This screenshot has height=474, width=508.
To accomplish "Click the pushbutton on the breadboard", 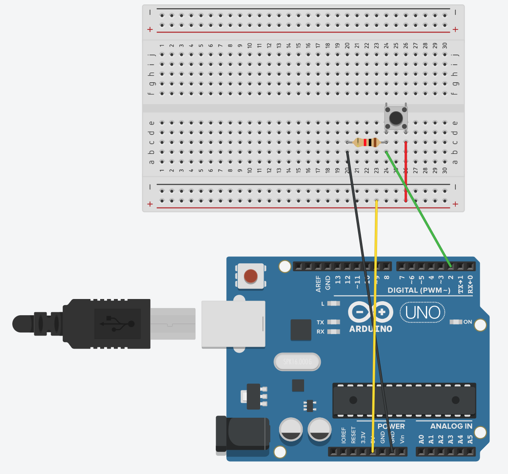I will (396, 117).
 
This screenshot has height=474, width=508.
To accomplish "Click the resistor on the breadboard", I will (366, 142).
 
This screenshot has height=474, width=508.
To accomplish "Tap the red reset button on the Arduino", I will (250, 276).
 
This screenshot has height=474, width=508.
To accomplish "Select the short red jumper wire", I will (406, 171).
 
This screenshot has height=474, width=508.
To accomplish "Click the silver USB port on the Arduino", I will (233, 324).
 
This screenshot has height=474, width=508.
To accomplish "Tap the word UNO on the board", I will (422, 313).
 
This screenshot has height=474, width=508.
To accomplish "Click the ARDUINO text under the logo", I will (370, 329).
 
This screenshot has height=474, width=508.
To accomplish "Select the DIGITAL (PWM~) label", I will (419, 290).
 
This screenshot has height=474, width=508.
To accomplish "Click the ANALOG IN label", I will (451, 426).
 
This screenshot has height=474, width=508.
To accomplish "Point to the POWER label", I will (391, 426).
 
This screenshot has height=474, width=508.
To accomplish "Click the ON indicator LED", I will (456, 322).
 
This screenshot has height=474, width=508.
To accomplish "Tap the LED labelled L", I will (334, 303).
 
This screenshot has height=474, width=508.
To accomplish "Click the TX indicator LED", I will (334, 322).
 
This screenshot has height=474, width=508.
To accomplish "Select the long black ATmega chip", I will (404, 400).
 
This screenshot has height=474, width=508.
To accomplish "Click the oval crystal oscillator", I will (297, 362).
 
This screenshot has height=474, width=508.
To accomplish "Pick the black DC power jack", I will (242, 434).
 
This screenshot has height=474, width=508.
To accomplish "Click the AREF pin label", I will (318, 284).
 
